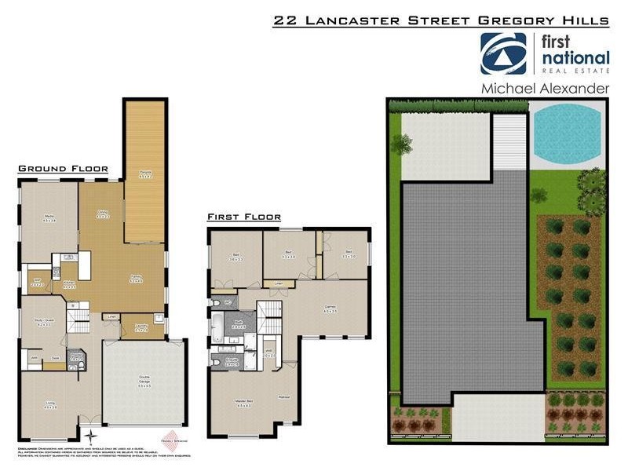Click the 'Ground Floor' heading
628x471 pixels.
(62, 169)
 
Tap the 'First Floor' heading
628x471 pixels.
(244, 217)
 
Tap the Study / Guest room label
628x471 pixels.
(42, 323)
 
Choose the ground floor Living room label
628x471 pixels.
(50, 405)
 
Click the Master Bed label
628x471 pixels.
(243, 403)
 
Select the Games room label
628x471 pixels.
(330, 309)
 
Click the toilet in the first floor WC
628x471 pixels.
(214, 302)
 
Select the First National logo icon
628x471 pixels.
(503, 53)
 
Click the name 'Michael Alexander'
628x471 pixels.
(545, 89)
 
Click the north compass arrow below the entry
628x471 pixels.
(91, 433)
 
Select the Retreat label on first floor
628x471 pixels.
(283, 397)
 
